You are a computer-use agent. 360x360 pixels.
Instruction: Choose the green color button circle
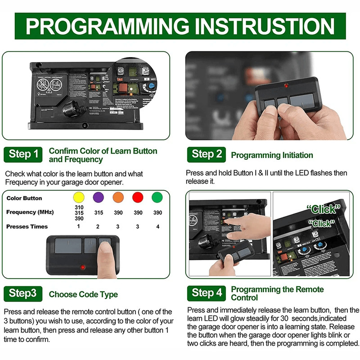(x=157, y=198)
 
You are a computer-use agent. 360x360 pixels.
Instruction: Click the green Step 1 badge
(x=23, y=154)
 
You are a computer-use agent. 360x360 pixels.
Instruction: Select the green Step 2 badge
(x=207, y=154)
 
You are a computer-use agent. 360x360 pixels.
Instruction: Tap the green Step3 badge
(x=23, y=294)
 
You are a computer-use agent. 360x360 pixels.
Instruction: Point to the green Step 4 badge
(x=207, y=293)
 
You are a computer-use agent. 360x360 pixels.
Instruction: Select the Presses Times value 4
(x=157, y=226)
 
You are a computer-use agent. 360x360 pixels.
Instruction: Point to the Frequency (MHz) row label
(x=27, y=212)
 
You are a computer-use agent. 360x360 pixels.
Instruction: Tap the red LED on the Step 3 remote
(x=83, y=267)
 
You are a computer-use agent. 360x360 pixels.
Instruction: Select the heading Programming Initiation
(x=272, y=155)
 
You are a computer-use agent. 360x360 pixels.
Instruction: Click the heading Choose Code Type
(x=83, y=295)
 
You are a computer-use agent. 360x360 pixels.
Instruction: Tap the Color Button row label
(x=24, y=198)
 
